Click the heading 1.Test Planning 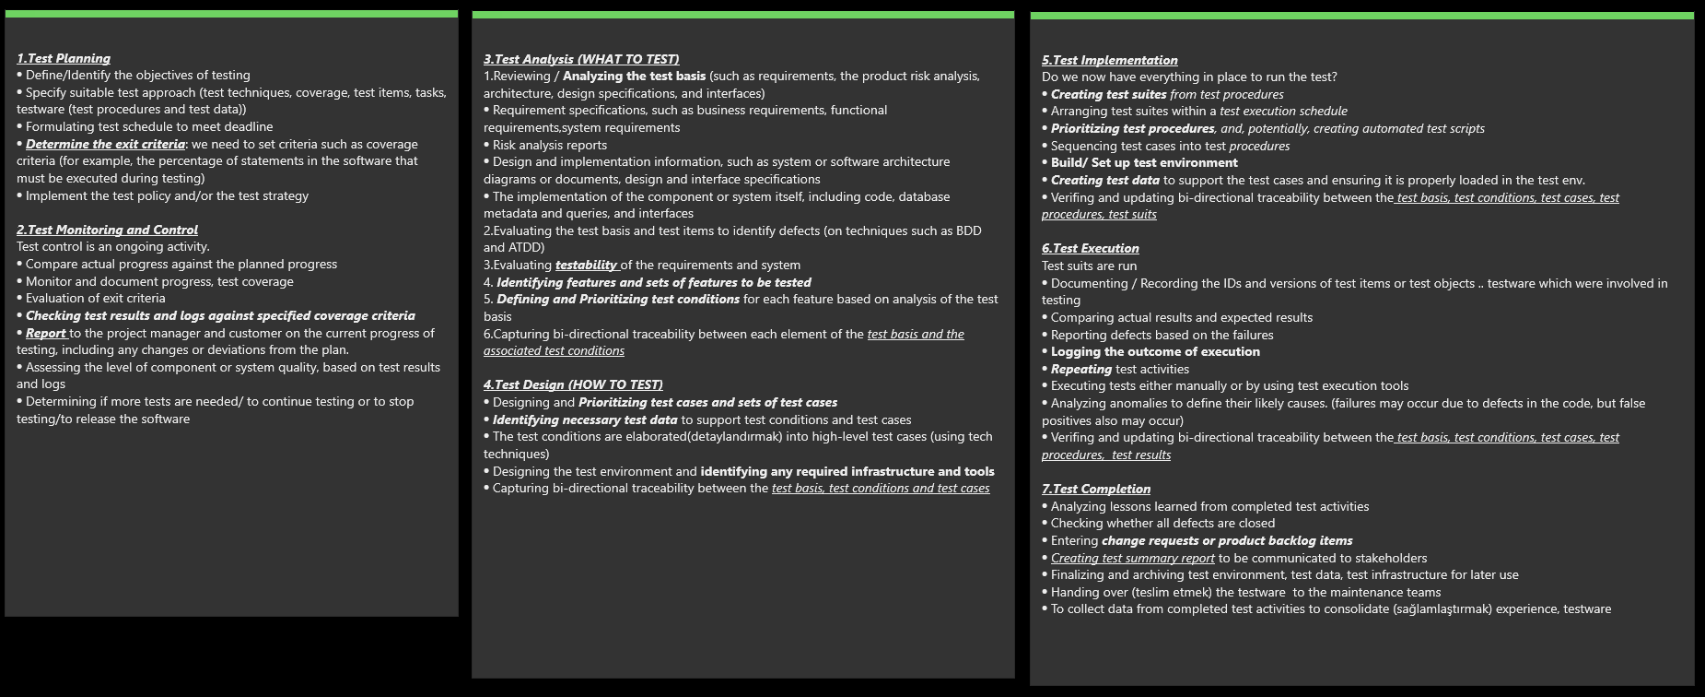coord(64,58)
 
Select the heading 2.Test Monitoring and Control coord(107,230)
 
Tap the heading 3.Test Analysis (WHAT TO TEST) coord(581,59)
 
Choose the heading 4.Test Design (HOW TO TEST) coord(573,384)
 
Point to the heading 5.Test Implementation coord(1109,60)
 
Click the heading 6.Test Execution coord(1090,248)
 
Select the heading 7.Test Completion coord(1096,489)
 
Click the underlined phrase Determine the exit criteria coord(105,144)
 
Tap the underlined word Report coord(46,333)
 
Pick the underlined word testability coord(586,265)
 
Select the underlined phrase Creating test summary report coord(1132,558)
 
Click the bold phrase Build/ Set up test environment coord(1144,162)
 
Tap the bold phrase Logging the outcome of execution coord(1155,351)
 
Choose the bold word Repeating coord(1081,369)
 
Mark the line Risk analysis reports coord(549,145)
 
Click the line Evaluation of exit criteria coord(95,298)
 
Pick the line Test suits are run coord(1089,266)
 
